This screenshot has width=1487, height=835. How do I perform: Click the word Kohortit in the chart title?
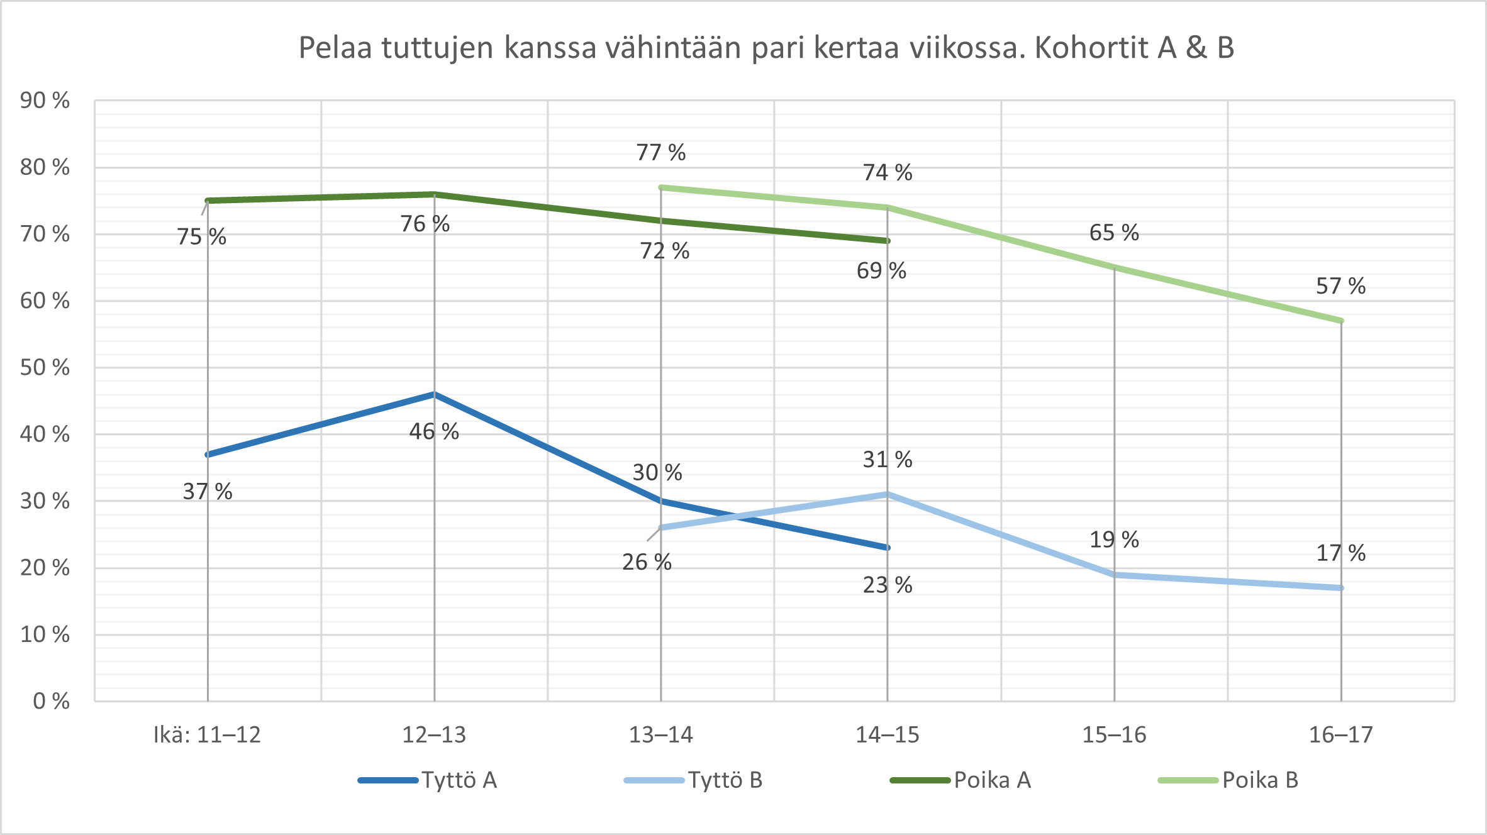pos(1091,48)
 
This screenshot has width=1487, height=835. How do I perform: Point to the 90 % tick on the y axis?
pos(45,101)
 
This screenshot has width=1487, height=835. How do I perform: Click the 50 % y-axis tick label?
pos(45,367)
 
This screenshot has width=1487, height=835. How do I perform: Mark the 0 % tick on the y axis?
pos(51,701)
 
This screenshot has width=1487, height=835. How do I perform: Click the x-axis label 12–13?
pos(434,734)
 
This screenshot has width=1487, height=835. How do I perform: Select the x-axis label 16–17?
pos(1340,734)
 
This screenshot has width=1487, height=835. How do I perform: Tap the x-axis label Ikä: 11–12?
pos(207,734)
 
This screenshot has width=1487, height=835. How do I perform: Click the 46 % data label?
pos(434,431)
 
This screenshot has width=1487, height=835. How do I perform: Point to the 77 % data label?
pos(660,152)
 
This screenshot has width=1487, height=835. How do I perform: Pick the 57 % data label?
pos(1340,286)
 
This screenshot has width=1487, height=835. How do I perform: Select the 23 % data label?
pos(887,585)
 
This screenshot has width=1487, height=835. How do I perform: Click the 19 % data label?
pos(1114,539)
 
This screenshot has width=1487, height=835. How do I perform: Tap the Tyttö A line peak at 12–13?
pos(434,394)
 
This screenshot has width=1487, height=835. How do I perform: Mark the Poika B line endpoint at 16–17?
pos(1341,321)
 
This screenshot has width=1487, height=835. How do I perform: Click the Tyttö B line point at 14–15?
pos(887,494)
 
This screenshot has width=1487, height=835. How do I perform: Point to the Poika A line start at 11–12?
pos(208,201)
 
